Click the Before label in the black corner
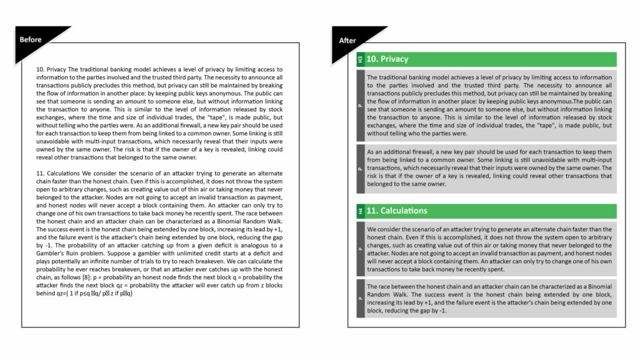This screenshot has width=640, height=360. (x=30, y=40)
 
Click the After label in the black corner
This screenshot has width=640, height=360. (x=347, y=41)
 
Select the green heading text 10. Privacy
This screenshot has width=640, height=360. (x=387, y=59)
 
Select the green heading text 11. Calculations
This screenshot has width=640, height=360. (x=397, y=211)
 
